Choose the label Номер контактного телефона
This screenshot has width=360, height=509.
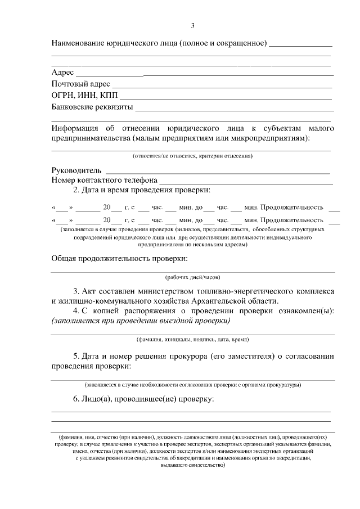point(104,181)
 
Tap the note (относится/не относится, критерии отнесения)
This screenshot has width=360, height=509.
point(192,155)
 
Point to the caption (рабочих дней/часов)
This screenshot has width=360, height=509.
point(192,277)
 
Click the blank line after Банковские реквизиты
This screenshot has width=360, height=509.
point(235,109)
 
